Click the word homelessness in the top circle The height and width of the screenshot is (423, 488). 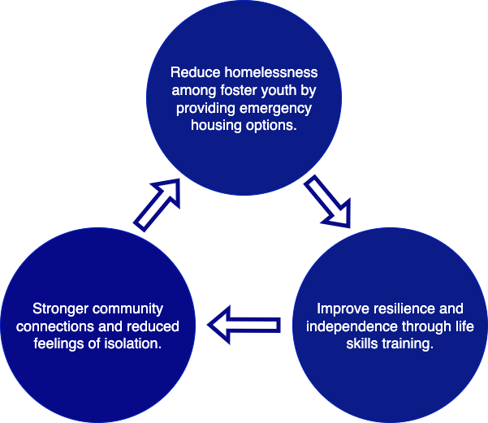(x=271, y=72)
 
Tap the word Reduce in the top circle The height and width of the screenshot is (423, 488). (x=196, y=72)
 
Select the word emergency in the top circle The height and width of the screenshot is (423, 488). (x=275, y=109)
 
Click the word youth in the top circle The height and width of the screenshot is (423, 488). (x=279, y=91)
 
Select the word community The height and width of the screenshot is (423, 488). (x=128, y=309)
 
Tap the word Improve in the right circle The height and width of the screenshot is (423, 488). (x=343, y=309)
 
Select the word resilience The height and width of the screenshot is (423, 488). (x=404, y=309)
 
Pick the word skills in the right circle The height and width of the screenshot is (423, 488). (x=362, y=344)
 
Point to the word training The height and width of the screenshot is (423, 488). (x=408, y=344)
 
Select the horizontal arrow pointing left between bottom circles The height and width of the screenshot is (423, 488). (x=244, y=325)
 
